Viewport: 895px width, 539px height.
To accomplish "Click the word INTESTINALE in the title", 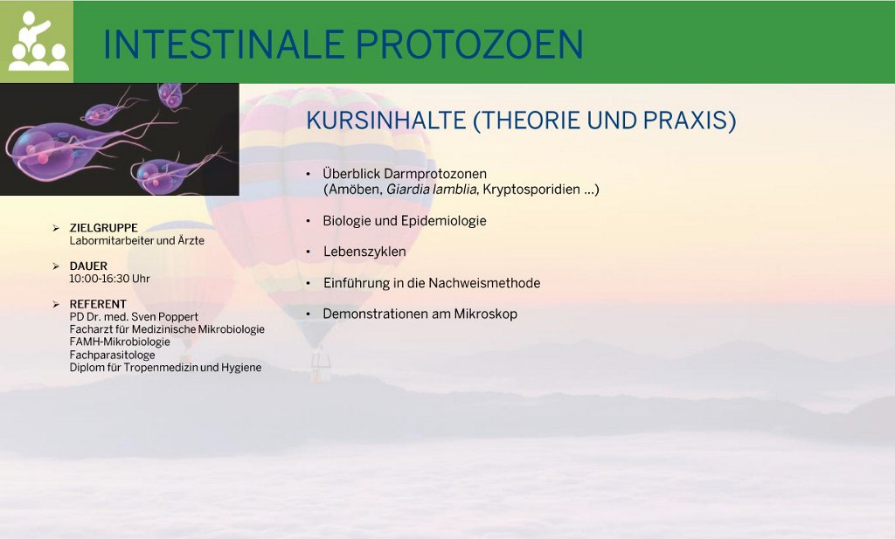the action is click(x=224, y=45).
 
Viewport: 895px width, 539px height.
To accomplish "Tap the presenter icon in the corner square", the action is click(x=37, y=41).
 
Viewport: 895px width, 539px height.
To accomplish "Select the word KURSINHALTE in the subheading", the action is click(x=385, y=121).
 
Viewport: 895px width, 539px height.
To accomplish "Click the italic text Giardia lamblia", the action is click(x=432, y=190).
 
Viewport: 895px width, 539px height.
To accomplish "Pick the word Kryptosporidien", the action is click(x=531, y=190).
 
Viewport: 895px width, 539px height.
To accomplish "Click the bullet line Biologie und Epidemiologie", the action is click(x=405, y=221).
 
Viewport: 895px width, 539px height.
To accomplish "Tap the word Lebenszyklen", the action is click(x=364, y=252).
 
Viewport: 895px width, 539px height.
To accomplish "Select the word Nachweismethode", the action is click(x=484, y=283).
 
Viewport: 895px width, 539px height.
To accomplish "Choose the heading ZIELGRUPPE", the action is click(x=103, y=228).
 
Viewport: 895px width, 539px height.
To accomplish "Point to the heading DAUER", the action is click(x=88, y=266).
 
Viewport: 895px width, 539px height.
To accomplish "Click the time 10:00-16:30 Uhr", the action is click(x=109, y=279).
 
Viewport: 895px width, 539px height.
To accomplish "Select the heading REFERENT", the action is click(x=98, y=304).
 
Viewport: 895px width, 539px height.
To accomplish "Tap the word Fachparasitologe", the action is click(x=113, y=355).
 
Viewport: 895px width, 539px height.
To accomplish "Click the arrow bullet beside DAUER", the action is click(x=56, y=266).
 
